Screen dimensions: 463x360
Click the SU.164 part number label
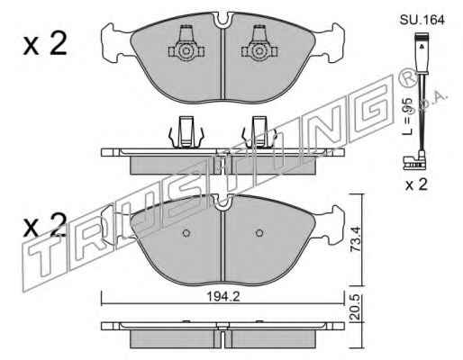422,20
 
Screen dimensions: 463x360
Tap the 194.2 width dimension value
222,297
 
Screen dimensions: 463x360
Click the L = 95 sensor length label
407,116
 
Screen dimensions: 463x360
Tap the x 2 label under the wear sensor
416,184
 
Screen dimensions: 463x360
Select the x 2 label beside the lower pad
45,225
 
